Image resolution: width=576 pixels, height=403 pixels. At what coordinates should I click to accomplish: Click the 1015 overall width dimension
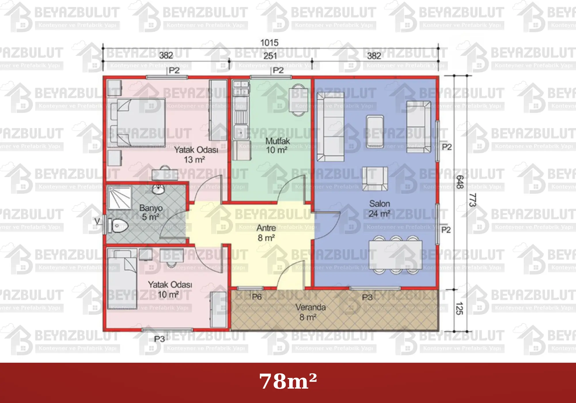click(269, 43)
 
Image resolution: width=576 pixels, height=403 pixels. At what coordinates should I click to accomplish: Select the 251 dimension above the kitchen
click(270, 56)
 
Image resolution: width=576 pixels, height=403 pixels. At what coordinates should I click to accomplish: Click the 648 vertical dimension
click(460, 182)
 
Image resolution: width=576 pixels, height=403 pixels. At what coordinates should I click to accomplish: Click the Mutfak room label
click(278, 141)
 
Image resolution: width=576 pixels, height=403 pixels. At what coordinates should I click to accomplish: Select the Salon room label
click(380, 204)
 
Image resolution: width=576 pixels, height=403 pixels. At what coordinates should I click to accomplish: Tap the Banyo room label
click(151, 208)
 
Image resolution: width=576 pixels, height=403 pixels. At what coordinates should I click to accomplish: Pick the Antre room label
click(266, 228)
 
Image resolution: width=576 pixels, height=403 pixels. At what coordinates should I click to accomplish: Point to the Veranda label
click(310, 307)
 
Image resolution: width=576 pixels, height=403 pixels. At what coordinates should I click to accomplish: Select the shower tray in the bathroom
click(119, 197)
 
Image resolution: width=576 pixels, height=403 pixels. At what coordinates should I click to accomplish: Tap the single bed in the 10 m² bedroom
click(122, 279)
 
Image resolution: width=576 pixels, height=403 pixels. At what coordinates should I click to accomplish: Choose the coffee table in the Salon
click(375, 132)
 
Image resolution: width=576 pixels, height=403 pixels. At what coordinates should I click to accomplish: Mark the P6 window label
click(257, 296)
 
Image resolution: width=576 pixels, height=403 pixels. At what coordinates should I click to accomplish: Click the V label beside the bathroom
click(97, 221)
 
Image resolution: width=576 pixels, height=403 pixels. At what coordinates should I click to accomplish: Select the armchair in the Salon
click(375, 178)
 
